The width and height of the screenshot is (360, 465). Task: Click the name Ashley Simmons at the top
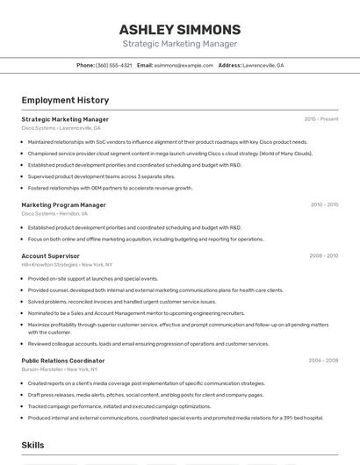[179, 30]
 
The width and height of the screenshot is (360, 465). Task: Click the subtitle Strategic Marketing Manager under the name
[179, 44]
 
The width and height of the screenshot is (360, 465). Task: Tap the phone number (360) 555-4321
[114, 65]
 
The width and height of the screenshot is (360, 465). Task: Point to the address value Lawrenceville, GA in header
[263, 65]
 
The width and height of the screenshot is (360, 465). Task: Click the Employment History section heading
[65, 101]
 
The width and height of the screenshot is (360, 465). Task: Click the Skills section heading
[32, 446]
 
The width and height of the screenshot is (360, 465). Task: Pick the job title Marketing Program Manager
[63, 204]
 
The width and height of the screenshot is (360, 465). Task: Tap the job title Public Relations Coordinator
[63, 360]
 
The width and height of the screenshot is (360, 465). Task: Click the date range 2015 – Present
[320, 118]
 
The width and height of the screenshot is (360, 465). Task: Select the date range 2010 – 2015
[324, 204]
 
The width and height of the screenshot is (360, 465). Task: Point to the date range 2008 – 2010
[323, 255]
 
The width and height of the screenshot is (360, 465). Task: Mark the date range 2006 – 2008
[323, 360]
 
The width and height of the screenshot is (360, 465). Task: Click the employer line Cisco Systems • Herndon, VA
[54, 213]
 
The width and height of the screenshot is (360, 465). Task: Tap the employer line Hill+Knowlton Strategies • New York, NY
[67, 264]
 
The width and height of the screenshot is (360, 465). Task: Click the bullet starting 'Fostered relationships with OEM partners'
[110, 188]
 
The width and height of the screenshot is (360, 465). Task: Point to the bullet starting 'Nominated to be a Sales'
[136, 313]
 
